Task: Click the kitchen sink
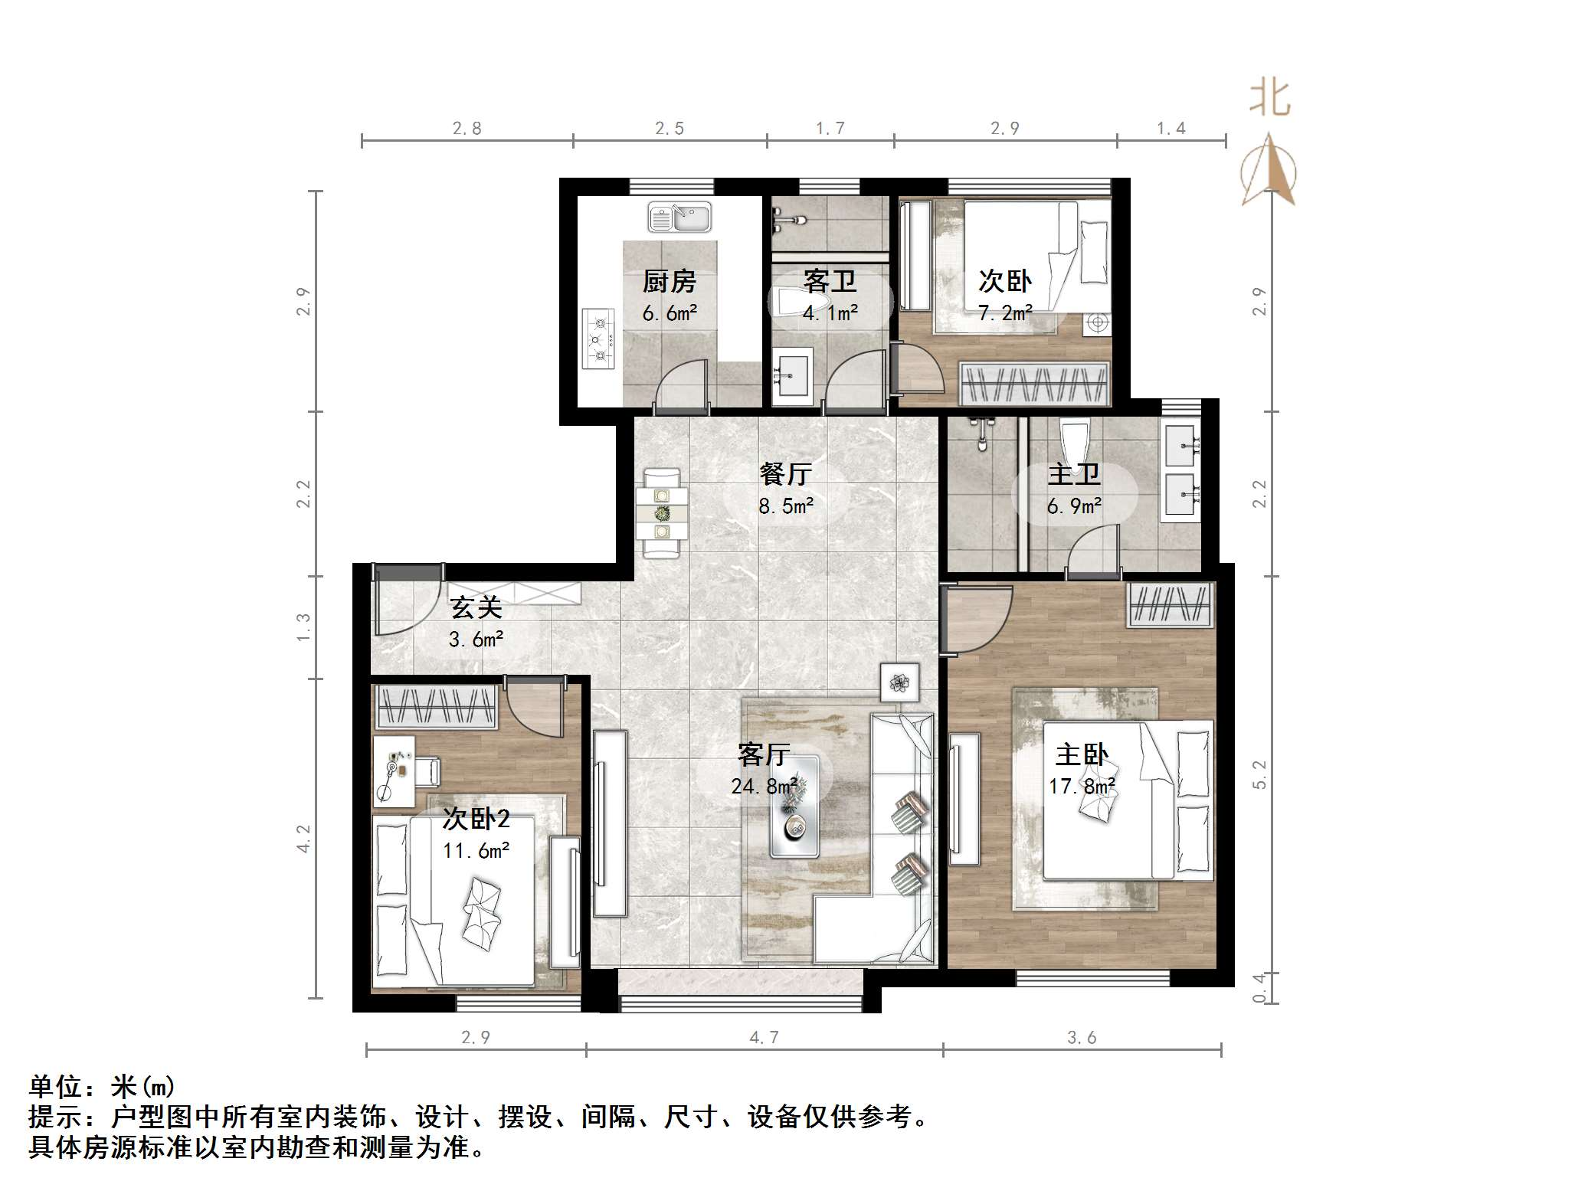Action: point(679,217)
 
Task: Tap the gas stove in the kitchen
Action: point(599,339)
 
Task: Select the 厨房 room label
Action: point(669,282)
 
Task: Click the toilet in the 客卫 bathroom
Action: point(784,302)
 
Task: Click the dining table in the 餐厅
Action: point(662,513)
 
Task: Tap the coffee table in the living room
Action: point(794,807)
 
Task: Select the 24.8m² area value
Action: point(764,786)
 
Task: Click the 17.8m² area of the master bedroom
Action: point(1081,786)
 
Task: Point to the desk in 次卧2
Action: point(394,771)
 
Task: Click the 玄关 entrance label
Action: point(476,607)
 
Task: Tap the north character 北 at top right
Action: point(1269,99)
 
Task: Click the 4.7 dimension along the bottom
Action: point(763,1038)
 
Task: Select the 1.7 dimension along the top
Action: point(830,129)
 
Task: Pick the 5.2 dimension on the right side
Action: point(1260,775)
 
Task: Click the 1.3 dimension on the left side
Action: point(304,627)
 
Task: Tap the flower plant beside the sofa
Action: point(900,681)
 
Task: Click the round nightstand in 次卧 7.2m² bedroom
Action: point(1097,323)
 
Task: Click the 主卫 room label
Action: point(1073,474)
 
